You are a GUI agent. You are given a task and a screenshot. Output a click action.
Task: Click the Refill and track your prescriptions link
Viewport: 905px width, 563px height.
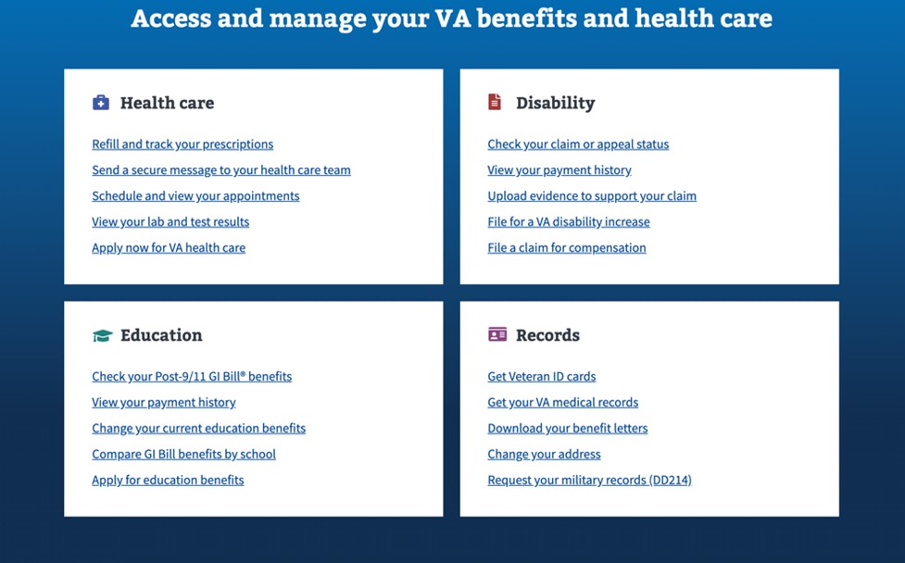pos(182,144)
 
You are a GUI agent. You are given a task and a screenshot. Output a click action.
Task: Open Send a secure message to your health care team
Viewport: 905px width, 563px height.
pos(220,170)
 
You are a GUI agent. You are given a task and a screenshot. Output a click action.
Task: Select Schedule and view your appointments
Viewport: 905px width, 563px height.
pos(195,196)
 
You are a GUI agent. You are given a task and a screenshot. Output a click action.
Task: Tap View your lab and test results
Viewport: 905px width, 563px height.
pos(170,222)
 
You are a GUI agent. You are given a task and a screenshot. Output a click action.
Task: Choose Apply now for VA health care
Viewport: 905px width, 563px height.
pos(169,248)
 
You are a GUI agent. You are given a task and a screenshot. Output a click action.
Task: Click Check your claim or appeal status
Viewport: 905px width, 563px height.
pos(578,144)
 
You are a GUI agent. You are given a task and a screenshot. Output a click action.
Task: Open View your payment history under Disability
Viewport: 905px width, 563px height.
pos(559,170)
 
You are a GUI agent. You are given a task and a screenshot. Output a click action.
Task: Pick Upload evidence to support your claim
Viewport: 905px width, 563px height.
pos(592,196)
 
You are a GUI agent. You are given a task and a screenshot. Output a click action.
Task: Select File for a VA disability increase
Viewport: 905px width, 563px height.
pos(569,222)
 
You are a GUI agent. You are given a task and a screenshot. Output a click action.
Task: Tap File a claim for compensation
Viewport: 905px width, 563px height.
pos(567,248)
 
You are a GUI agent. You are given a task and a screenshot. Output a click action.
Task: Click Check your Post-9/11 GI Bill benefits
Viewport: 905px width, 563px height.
pos(192,377)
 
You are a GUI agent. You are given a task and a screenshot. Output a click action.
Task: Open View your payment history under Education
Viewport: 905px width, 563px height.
pos(164,403)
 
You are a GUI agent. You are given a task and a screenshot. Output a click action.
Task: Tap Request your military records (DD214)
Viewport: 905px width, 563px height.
pos(589,481)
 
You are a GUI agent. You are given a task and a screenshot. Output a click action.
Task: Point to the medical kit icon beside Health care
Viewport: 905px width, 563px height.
pos(101,103)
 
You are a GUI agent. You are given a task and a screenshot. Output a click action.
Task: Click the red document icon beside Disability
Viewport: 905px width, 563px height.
pos(495,102)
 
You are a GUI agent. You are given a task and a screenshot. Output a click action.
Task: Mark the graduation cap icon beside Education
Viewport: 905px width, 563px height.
pos(102,335)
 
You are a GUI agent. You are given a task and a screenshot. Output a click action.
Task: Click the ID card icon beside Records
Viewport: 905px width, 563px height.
pos(497,334)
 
